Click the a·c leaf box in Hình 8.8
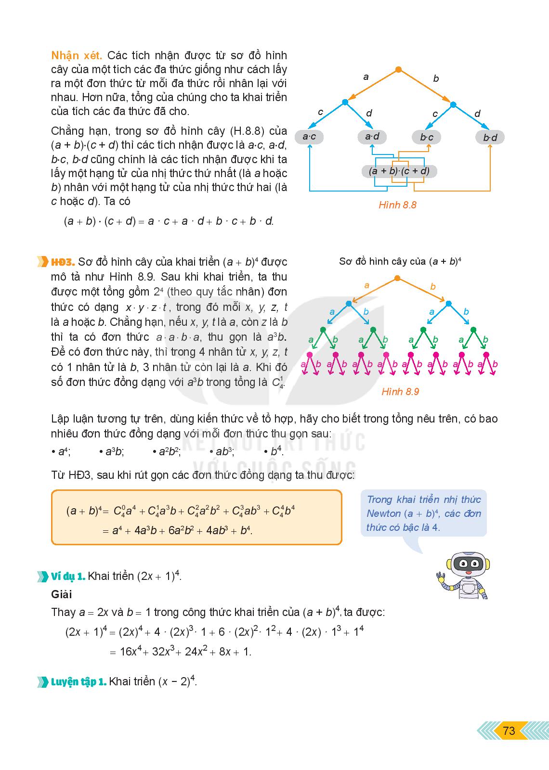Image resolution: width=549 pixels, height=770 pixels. [309, 137]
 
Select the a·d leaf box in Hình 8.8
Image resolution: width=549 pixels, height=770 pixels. [372, 137]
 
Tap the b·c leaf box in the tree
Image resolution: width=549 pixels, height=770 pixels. [426, 138]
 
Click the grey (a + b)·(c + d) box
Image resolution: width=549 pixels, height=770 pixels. [399, 171]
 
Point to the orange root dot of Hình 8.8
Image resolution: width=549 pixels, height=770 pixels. [398, 70]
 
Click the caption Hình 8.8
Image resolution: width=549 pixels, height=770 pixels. [397, 205]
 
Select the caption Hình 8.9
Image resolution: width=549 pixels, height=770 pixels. [400, 392]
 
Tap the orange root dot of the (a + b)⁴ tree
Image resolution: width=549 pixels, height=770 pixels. [397, 278]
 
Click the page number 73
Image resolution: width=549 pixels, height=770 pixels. [509, 731]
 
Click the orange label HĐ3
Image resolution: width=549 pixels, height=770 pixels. [63, 262]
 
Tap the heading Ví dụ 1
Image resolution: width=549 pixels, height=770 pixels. [68, 576]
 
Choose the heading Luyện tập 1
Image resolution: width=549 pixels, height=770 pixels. [78, 682]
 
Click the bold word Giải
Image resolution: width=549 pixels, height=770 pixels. [61, 594]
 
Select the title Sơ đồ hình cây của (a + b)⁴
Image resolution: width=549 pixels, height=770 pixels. [400, 261]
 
